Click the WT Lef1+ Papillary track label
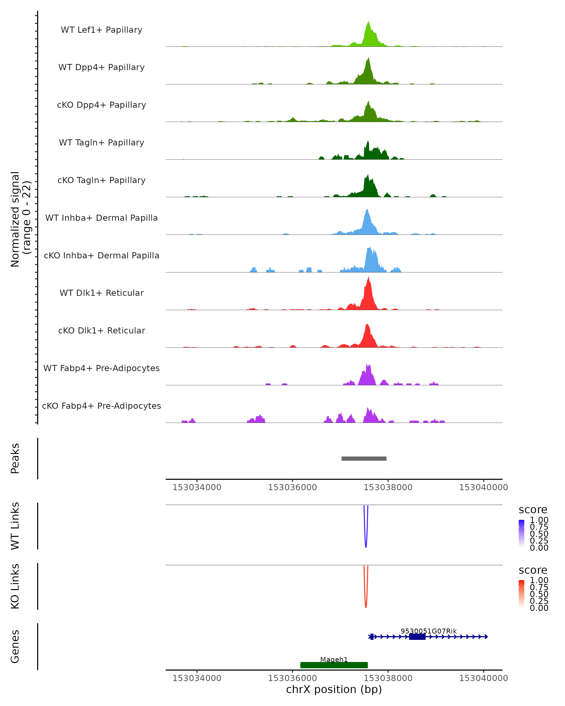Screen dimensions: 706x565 click(101, 30)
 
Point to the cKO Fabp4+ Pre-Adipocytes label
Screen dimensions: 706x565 click(101, 406)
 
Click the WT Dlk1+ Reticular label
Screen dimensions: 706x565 click(101, 293)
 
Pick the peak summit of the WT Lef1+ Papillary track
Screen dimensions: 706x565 click(368, 22)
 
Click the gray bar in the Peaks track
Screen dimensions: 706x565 click(364, 458)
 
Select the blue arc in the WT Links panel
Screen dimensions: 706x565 click(366, 546)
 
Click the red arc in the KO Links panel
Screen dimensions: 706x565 click(366, 607)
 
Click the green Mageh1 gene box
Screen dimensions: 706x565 click(334, 665)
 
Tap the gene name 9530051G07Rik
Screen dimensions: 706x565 click(428, 631)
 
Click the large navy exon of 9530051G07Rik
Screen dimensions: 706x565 click(417, 637)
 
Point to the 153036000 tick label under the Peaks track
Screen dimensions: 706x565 click(292, 487)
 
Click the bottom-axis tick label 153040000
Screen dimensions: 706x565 click(484, 678)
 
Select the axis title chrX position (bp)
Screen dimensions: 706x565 click(334, 689)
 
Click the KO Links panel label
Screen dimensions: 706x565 click(15, 586)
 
